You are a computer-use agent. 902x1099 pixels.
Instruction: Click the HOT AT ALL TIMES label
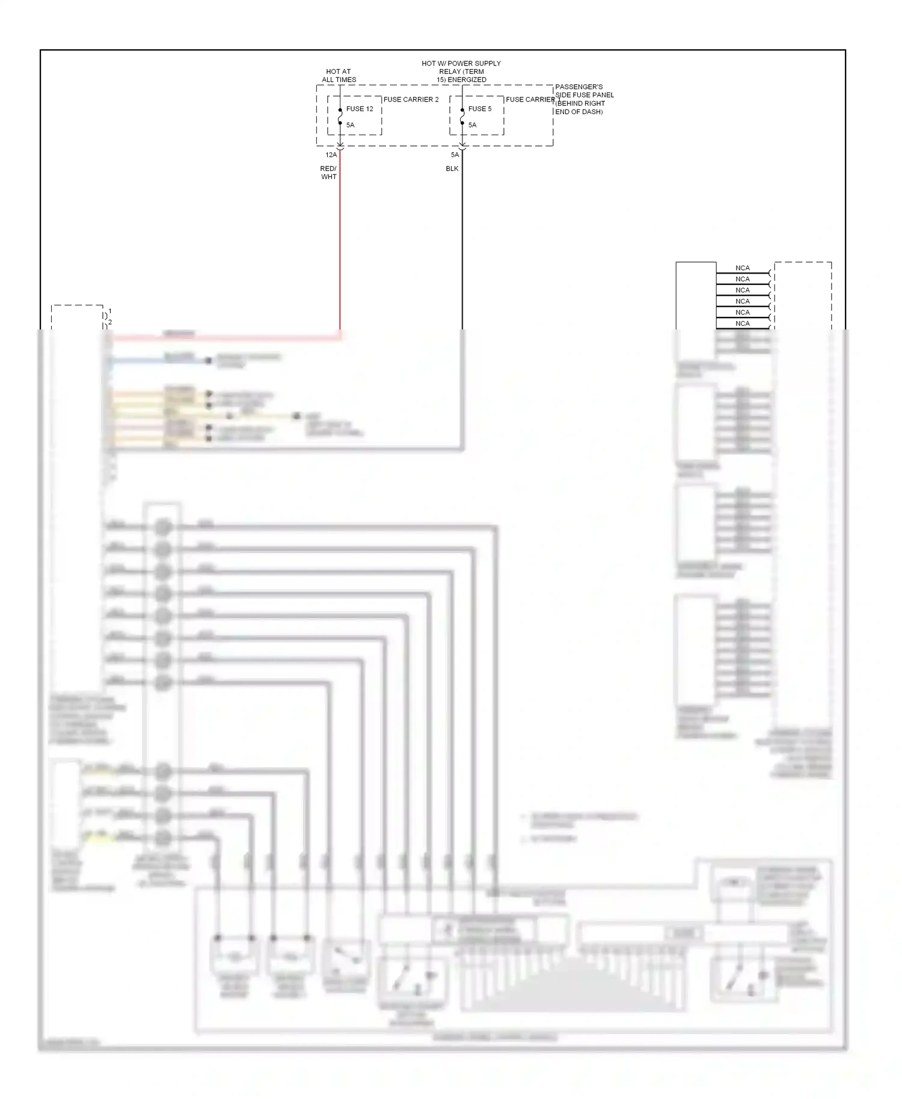tap(339, 76)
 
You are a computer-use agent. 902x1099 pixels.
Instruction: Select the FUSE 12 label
tap(360, 109)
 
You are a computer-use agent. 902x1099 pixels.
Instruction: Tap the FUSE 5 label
tap(480, 109)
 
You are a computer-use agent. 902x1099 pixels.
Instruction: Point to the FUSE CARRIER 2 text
tap(411, 100)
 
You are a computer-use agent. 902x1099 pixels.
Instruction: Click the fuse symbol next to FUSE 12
tap(340, 117)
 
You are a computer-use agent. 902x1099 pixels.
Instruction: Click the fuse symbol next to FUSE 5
tap(462, 117)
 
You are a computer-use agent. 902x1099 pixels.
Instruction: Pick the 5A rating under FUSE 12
tap(351, 125)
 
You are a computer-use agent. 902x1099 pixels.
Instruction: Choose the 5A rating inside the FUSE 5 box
tap(473, 125)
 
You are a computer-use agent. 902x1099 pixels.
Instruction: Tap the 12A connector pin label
tap(331, 155)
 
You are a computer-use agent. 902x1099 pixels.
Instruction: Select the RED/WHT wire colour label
tap(328, 173)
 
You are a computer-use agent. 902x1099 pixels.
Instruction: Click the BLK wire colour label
tap(452, 169)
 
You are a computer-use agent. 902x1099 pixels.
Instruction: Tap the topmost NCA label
tap(743, 268)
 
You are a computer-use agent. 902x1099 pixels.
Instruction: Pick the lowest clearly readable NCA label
tap(743, 323)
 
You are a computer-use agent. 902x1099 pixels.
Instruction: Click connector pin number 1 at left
tap(110, 311)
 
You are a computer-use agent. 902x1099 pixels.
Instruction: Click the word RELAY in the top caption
tap(450, 72)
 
